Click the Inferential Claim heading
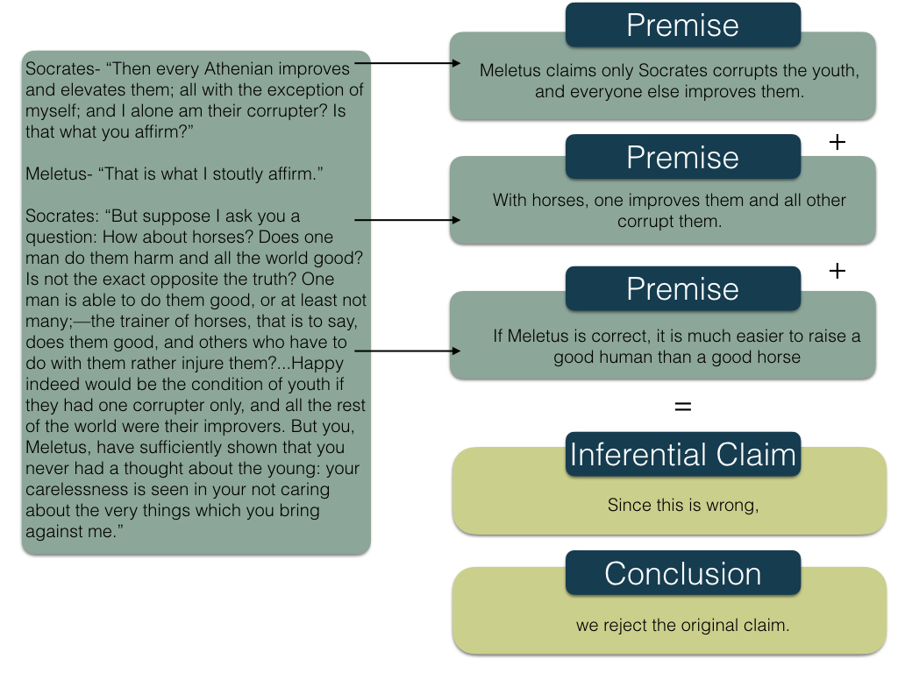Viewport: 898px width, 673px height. [682, 455]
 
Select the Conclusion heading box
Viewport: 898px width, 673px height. [682, 573]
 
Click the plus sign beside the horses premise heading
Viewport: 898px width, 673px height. [837, 141]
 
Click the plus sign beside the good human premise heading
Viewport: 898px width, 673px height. [837, 272]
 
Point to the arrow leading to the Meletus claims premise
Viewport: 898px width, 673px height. [408, 63]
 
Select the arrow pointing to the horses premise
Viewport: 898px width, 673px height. [408, 221]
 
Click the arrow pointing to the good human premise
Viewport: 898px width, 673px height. [408, 351]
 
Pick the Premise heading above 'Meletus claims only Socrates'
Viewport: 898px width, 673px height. [682, 25]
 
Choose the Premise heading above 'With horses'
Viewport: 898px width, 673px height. [682, 157]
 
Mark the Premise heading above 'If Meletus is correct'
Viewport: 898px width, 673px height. [682, 288]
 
